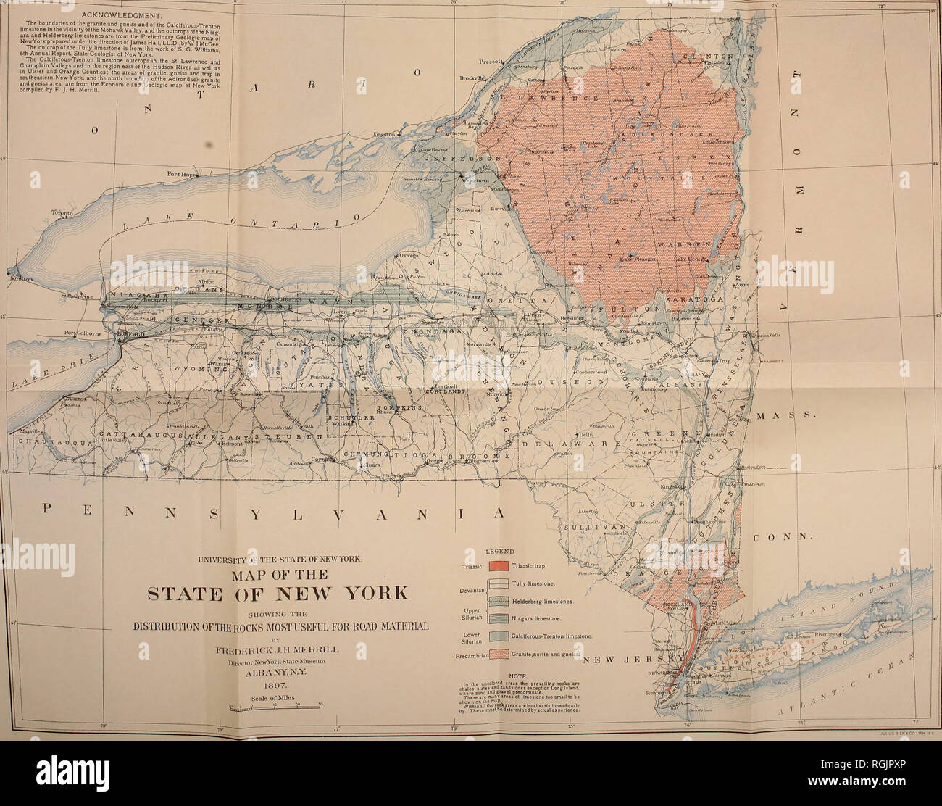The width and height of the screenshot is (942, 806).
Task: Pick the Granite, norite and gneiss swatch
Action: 499,654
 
